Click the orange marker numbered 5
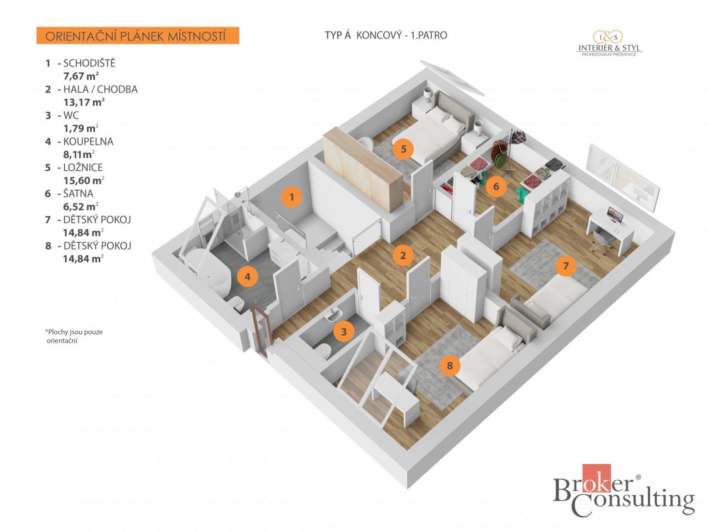(403, 149)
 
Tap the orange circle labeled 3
(344, 331)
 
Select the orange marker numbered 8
(449, 365)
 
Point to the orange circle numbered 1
(291, 197)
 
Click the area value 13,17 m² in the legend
(84, 102)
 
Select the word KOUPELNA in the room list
(88, 141)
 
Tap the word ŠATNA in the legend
(78, 193)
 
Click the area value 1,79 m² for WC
(81, 128)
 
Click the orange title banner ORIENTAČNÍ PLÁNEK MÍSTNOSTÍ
(138, 36)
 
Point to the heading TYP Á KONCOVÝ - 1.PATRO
(386, 35)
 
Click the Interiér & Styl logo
(609, 43)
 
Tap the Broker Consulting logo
(623, 490)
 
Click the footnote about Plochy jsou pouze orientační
(74, 336)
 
